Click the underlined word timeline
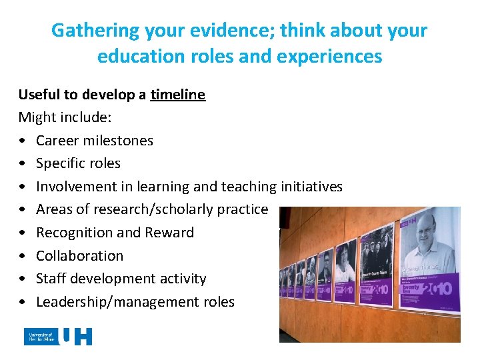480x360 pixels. (177, 95)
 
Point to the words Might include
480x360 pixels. (65, 117)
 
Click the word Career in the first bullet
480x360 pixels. (58, 141)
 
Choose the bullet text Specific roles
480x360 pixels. (78, 163)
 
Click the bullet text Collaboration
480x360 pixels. (79, 255)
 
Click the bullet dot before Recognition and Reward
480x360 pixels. (23, 233)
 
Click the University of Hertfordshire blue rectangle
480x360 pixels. (41, 337)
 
